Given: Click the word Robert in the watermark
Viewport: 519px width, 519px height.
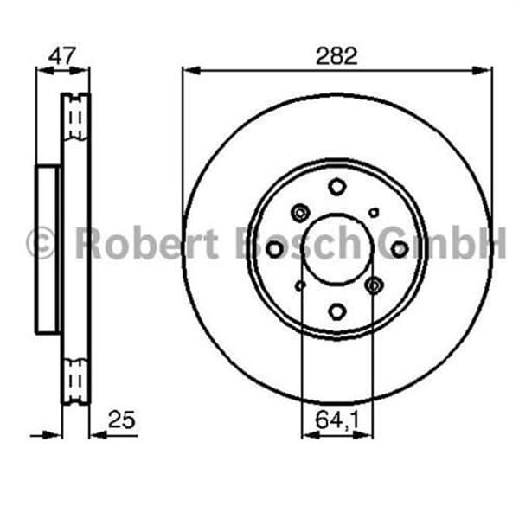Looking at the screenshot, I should (146, 243).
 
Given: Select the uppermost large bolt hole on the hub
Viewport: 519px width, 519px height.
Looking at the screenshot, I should (336, 186).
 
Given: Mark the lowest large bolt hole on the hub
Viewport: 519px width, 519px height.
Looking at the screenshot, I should (336, 312).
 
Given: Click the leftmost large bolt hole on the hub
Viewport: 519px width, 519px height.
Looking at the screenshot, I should (274, 249).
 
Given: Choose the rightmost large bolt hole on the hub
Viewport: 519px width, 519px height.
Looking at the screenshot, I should (400, 249).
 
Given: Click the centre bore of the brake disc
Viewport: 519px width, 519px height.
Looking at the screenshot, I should (336, 249).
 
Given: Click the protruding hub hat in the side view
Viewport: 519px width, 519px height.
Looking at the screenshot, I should (48, 249).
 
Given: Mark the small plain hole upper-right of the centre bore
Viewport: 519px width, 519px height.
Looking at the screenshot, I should (374, 212).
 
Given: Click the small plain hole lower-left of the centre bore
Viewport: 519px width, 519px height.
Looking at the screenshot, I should (300, 285).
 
